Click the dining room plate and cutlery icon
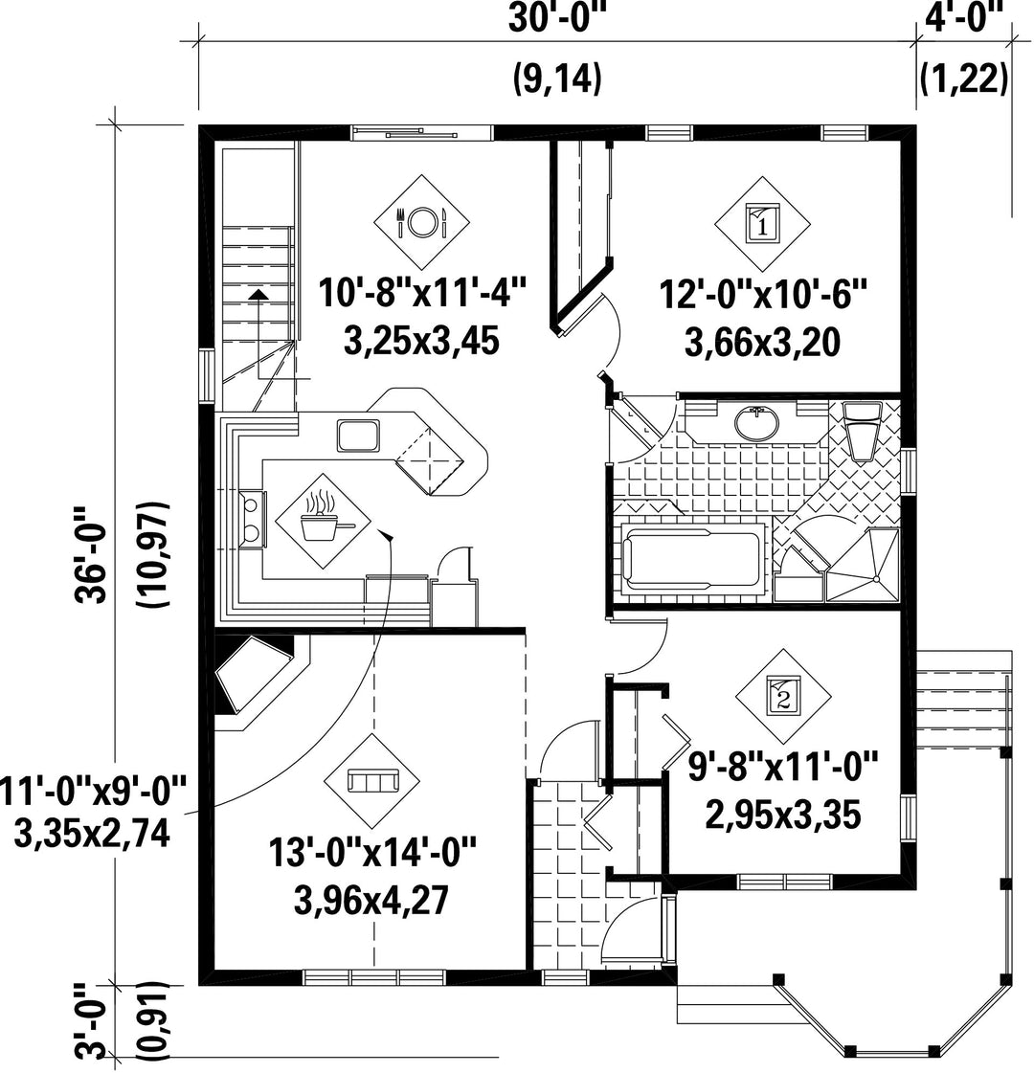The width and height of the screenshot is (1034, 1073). click(421, 221)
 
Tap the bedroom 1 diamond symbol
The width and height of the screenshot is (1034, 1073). click(762, 224)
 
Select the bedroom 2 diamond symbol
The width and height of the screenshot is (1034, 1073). click(783, 697)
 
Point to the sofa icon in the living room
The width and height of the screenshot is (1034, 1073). click(372, 781)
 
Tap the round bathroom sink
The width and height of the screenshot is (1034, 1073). click(756, 422)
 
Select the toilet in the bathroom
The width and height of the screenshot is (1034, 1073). click(862, 431)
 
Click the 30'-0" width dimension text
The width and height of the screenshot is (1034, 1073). click(558, 19)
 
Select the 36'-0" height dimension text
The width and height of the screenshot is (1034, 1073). click(92, 554)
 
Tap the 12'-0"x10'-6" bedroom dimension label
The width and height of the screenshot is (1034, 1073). click(762, 295)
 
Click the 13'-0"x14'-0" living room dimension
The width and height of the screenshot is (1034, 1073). click(372, 854)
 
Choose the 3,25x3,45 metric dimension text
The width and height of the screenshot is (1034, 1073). click(421, 340)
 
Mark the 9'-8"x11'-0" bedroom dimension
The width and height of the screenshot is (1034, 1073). click(783, 767)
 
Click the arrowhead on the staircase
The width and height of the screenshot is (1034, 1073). click(258, 294)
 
